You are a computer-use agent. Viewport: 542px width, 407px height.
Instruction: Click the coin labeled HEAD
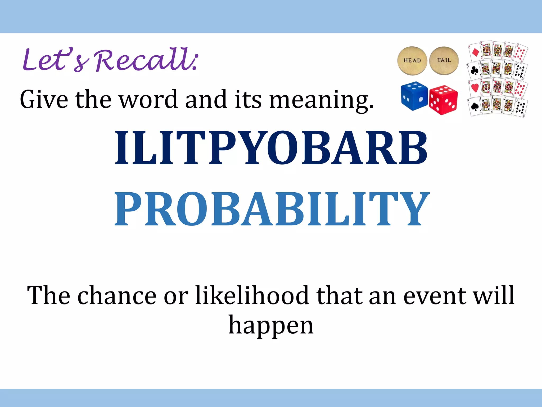[x=412, y=61]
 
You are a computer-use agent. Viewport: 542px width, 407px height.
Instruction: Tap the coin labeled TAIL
[x=444, y=60]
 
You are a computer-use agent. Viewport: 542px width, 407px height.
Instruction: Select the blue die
[x=414, y=96]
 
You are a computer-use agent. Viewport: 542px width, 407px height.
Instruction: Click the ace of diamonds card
[x=475, y=52]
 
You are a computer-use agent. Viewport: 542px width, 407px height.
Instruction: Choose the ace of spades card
[x=475, y=107]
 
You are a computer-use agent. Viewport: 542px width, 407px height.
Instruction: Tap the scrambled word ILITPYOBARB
[x=271, y=148]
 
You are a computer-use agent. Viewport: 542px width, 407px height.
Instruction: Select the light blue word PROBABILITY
[x=272, y=209]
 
